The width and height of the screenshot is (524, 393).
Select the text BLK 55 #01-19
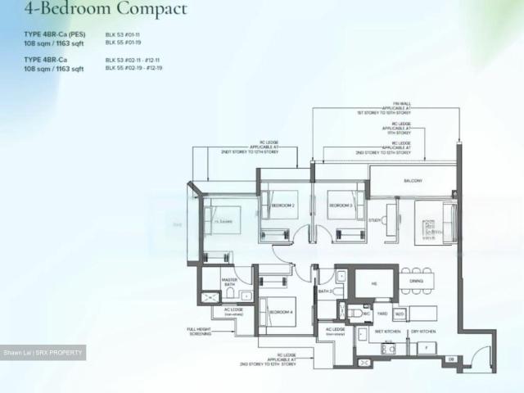pos(124,43)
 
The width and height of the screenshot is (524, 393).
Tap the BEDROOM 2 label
pos(282,205)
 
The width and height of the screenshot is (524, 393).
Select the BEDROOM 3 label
pos(341,205)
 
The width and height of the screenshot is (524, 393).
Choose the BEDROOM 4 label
pos(281,312)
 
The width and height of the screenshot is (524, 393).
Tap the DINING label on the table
pos(416,282)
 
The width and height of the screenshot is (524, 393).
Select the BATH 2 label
pos(325,291)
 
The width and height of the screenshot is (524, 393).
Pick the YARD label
pos(381,313)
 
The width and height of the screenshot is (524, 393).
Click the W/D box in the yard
pos(400,313)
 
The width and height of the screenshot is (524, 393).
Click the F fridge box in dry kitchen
pos(427,347)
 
